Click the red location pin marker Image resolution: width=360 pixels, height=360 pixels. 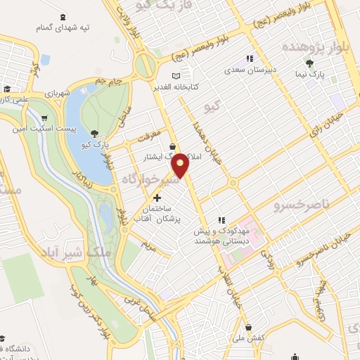181,165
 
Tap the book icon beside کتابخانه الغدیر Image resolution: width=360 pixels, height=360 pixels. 176,76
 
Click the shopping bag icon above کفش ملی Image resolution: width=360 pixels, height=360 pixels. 251,327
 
